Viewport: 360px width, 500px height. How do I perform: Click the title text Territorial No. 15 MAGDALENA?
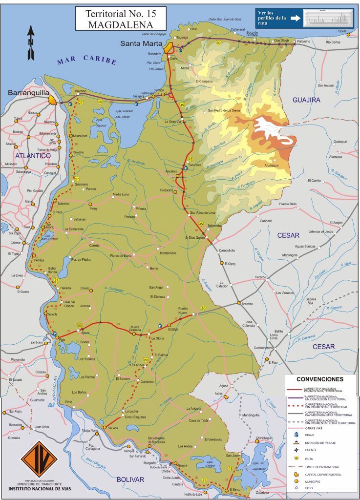point(120,19)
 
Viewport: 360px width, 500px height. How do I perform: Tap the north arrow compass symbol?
point(31,43)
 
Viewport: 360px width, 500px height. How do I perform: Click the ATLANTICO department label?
point(33,156)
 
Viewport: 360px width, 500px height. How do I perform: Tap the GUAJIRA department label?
point(306,100)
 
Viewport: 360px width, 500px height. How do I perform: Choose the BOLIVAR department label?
point(130,479)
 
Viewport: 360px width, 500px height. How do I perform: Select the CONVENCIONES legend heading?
point(320,379)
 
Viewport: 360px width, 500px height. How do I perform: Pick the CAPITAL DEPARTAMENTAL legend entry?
point(323,474)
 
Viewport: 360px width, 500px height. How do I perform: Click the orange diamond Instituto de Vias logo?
point(39,459)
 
